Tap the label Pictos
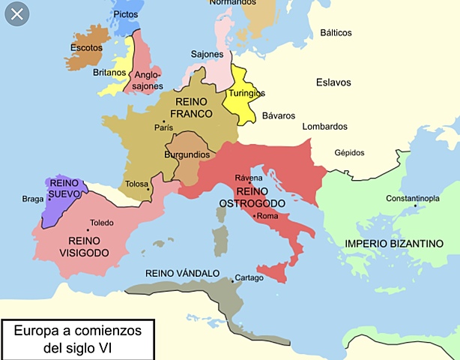point(125,14)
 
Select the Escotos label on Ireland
point(85,47)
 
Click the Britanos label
point(109,73)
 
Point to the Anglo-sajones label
point(148,80)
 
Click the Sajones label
point(208,55)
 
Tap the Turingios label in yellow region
point(247,93)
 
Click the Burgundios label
point(187,154)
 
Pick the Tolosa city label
point(136,184)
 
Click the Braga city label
point(33,199)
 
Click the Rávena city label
point(249,177)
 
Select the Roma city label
point(267,216)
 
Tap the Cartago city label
point(249,278)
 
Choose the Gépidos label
point(349,152)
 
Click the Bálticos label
point(337,33)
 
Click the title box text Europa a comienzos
point(77,331)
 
